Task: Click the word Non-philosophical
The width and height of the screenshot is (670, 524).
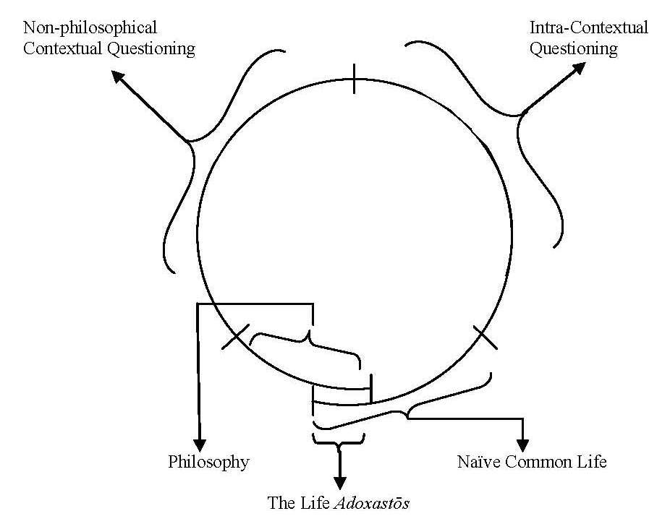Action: (90, 28)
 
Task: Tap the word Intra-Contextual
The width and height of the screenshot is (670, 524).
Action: (589, 28)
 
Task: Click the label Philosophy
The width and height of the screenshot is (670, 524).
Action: (208, 462)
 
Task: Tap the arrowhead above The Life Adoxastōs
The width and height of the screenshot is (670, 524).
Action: (339, 481)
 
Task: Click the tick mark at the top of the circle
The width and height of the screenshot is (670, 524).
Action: (354, 79)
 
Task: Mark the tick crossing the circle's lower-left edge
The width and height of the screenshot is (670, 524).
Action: (235, 338)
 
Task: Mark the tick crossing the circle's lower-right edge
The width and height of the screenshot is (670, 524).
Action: (485, 338)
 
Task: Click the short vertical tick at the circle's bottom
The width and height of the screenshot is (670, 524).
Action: (370, 389)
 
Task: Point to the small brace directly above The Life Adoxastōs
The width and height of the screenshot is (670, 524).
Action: (338, 440)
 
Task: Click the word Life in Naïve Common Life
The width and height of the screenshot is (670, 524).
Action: (593, 462)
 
